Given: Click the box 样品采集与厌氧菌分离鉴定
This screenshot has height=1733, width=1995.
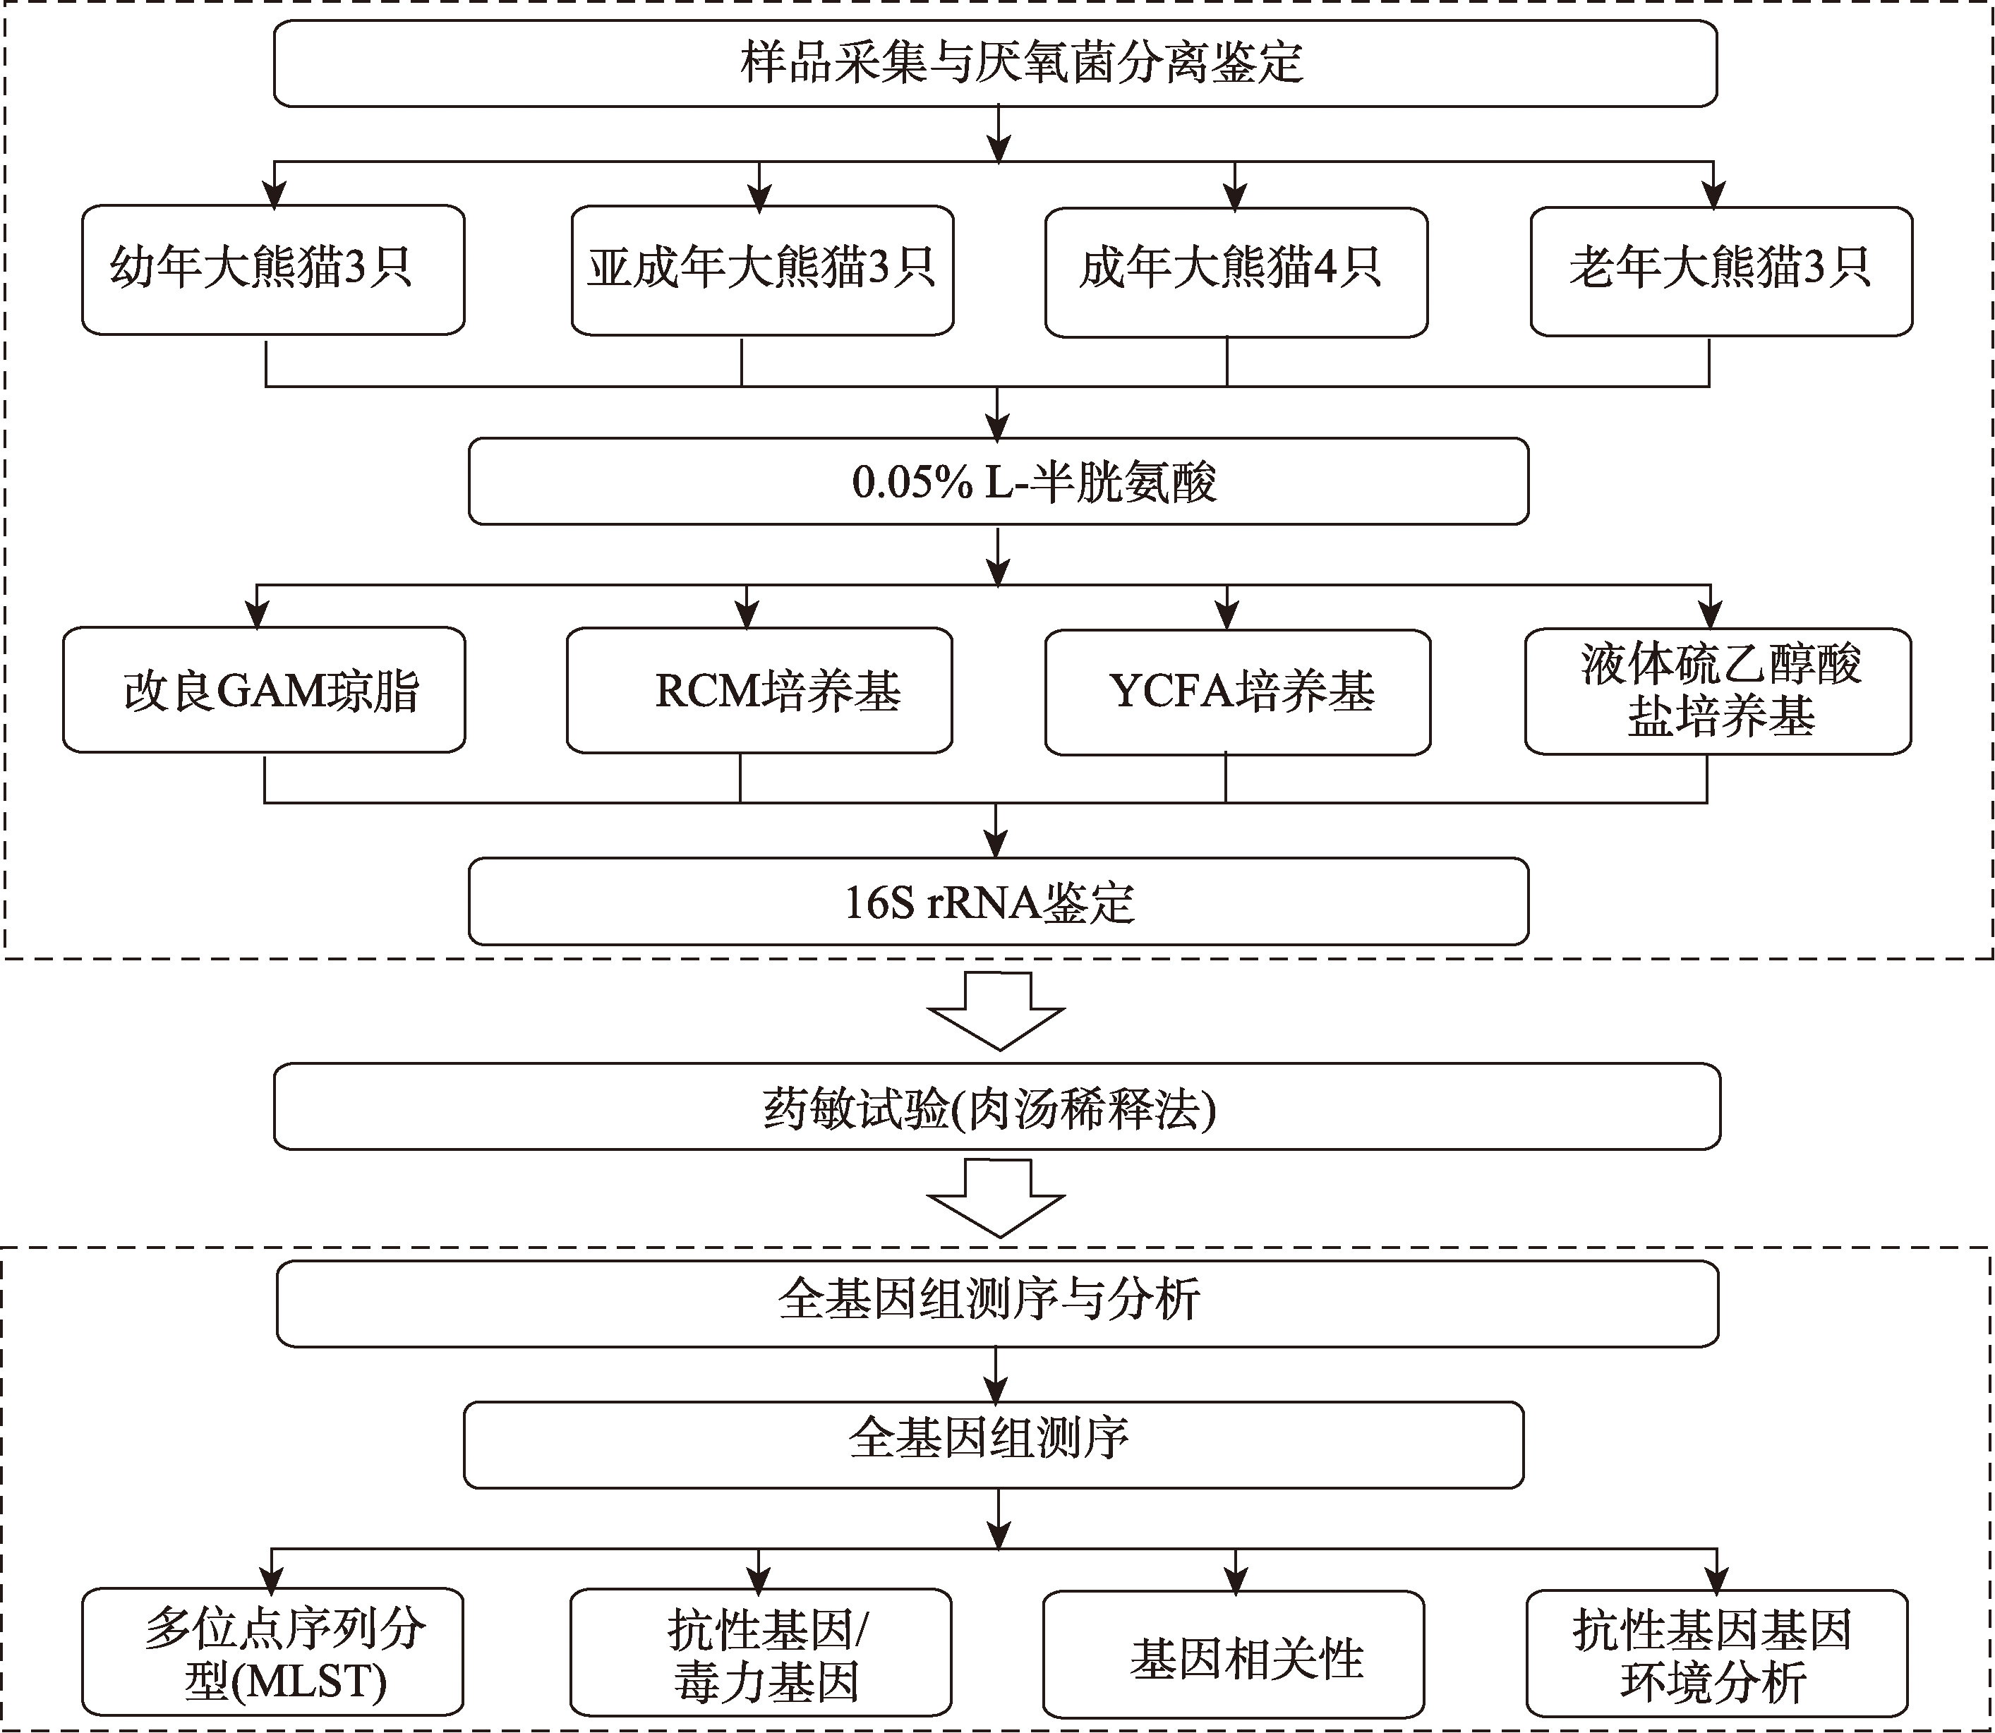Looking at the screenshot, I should click(995, 63).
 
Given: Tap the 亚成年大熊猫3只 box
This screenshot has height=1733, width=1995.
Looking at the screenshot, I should click(762, 270).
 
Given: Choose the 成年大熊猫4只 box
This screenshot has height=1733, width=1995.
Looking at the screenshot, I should click(1235, 272).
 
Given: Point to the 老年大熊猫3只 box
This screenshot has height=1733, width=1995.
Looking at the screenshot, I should click(1720, 272).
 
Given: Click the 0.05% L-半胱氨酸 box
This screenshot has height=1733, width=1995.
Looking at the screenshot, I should click(998, 482).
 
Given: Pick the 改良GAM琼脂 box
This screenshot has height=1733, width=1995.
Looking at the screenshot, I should click(264, 689).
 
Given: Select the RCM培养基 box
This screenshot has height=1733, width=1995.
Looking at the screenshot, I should click(759, 689).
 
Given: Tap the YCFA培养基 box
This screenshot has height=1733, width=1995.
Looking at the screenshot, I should click(1237, 692).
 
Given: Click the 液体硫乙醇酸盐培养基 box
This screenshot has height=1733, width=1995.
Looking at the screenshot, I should click(1718, 692).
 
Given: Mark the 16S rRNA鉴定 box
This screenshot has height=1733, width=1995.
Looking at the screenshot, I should click(998, 901).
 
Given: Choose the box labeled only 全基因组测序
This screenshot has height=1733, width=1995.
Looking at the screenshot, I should click(993, 1445).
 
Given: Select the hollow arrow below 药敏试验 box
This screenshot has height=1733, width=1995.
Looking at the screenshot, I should click(996, 1199).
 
